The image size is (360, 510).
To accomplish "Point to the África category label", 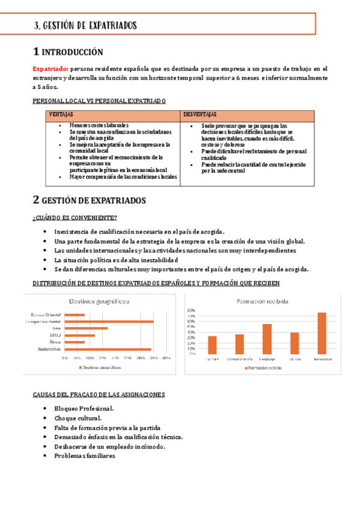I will click(55, 342).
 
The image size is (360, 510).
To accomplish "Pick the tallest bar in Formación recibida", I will click(322, 333).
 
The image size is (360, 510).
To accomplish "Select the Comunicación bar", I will click(240, 344).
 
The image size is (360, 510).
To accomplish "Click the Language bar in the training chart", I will click(267, 339).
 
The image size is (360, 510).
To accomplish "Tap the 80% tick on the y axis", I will click(191, 310).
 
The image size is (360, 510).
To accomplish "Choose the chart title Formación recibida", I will click(263, 301).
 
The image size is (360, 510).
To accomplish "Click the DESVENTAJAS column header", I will click(201, 114).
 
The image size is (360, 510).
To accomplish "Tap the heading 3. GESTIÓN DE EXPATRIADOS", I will click(86, 25).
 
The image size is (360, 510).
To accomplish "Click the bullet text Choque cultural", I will click(78, 418).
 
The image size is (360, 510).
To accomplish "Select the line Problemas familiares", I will click(85, 455).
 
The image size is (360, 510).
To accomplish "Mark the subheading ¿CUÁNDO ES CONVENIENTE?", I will click(75, 218).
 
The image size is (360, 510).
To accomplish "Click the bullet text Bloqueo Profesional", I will click(84, 408).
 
